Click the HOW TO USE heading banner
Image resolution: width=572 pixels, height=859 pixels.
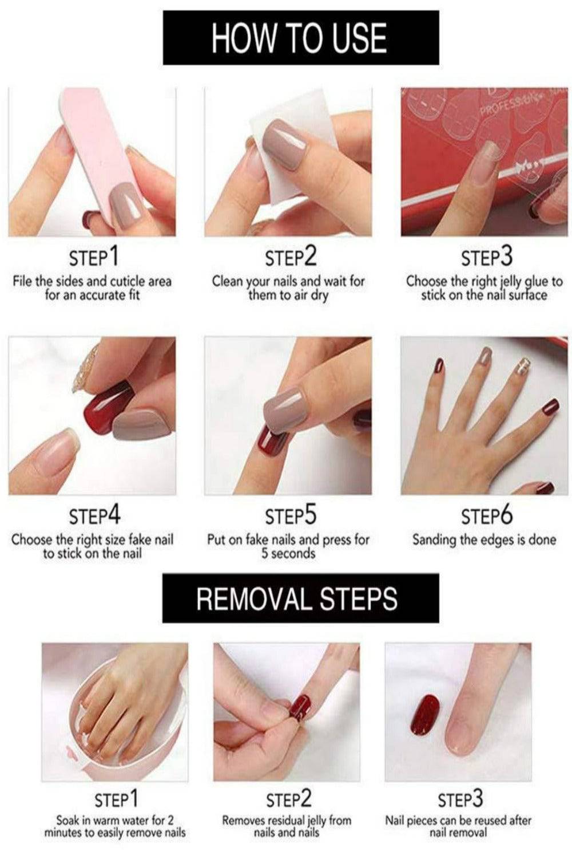301,38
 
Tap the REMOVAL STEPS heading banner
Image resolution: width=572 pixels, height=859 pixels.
301,598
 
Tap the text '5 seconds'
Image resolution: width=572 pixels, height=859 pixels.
288,553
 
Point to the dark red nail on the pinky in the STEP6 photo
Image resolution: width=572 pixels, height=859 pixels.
550,407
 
